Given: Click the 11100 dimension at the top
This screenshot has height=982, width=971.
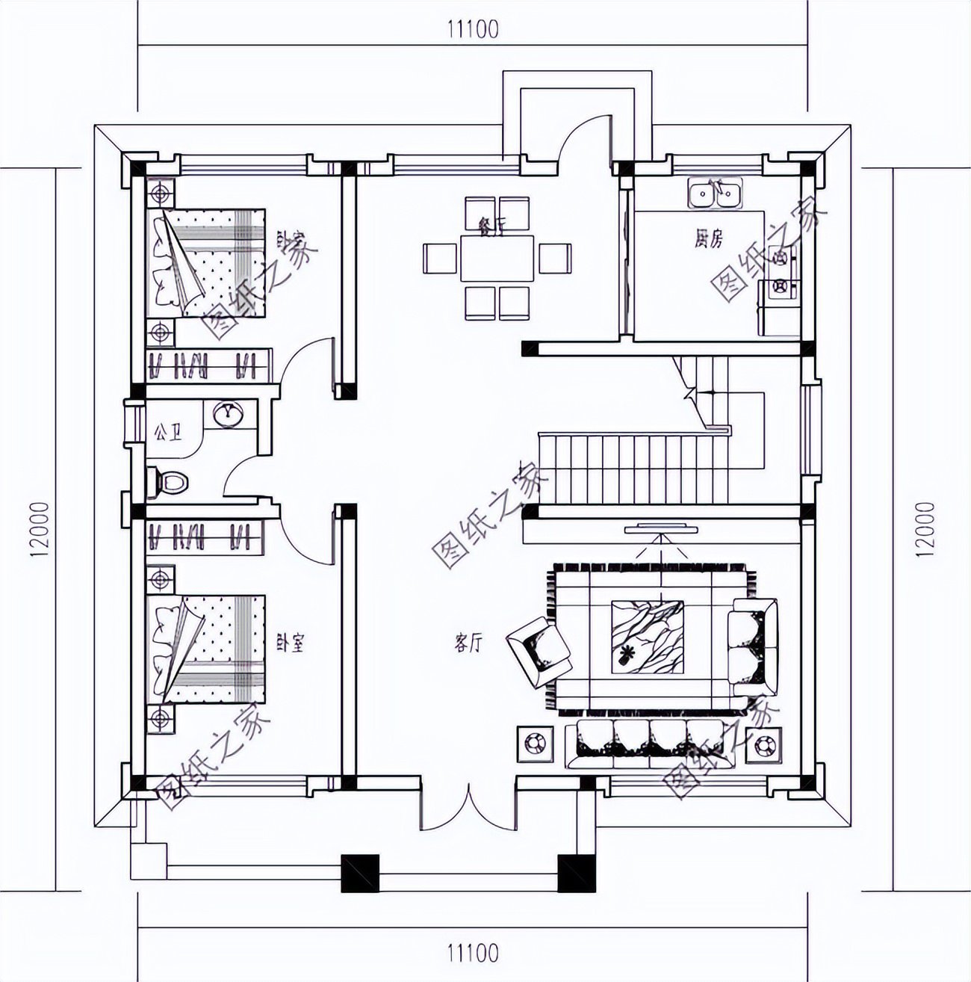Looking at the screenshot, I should [472, 29].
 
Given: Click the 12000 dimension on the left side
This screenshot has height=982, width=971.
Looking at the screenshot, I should [39, 529].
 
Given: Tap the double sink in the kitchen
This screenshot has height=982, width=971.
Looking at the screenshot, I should [715, 195].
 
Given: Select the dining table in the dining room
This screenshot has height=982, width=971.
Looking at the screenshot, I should [497, 259].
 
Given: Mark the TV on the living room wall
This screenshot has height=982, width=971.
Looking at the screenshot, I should [662, 530].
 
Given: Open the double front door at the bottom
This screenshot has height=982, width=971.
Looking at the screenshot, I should [468, 807].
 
